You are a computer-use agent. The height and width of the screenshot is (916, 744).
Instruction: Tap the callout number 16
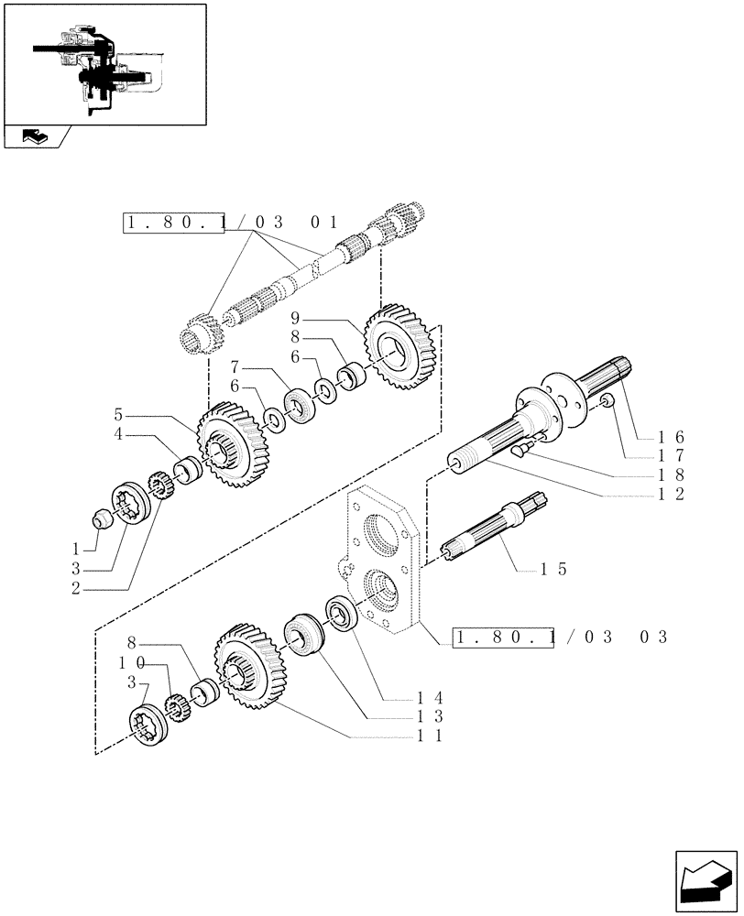672,437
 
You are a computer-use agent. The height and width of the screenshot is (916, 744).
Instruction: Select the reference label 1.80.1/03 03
561,637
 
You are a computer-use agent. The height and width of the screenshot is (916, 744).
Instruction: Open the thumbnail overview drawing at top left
104,64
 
